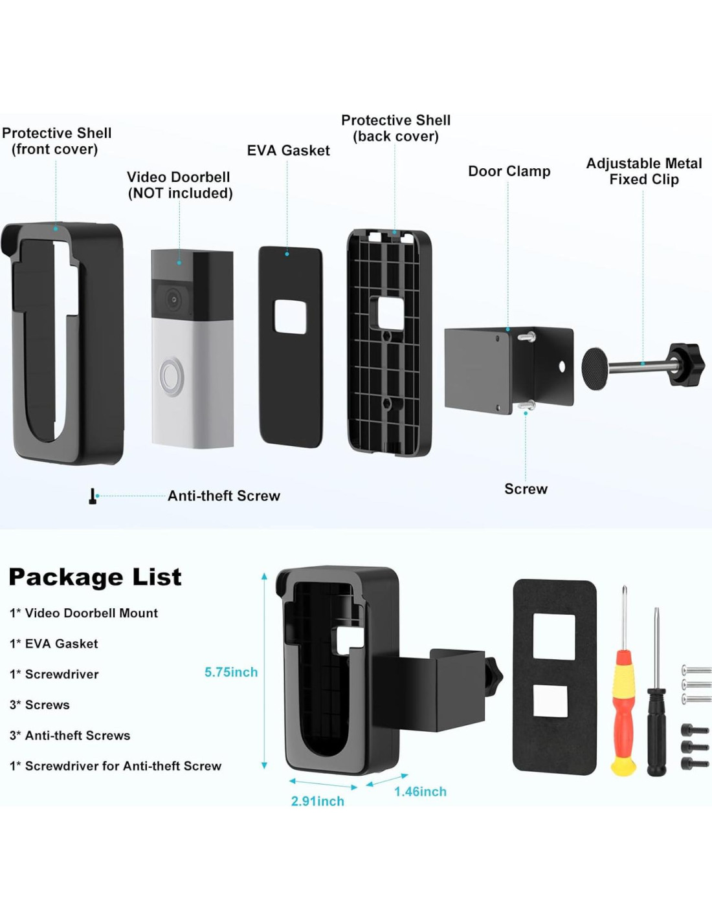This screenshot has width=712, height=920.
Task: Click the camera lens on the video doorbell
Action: (173, 299)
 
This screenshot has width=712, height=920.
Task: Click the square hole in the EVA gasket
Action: (290, 316)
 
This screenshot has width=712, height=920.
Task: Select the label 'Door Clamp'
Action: (509, 171)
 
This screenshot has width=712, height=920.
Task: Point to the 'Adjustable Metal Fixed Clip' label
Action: (643, 171)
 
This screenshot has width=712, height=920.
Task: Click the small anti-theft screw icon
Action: (93, 496)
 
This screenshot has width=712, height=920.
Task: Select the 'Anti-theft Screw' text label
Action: (224, 496)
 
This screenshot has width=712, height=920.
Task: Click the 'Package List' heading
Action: (95, 576)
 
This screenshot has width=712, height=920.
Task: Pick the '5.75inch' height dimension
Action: (230, 672)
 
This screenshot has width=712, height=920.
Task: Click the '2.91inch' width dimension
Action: (317, 801)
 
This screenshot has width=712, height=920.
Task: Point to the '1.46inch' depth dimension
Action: (420, 791)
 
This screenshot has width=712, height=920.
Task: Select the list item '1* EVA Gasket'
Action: (54, 644)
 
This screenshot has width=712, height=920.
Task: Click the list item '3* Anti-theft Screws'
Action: (70, 736)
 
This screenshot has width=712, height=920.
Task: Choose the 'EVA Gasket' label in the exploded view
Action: (288, 151)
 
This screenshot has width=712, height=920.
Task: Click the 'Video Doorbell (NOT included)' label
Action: (179, 185)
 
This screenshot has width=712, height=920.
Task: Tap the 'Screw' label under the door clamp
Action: (526, 489)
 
